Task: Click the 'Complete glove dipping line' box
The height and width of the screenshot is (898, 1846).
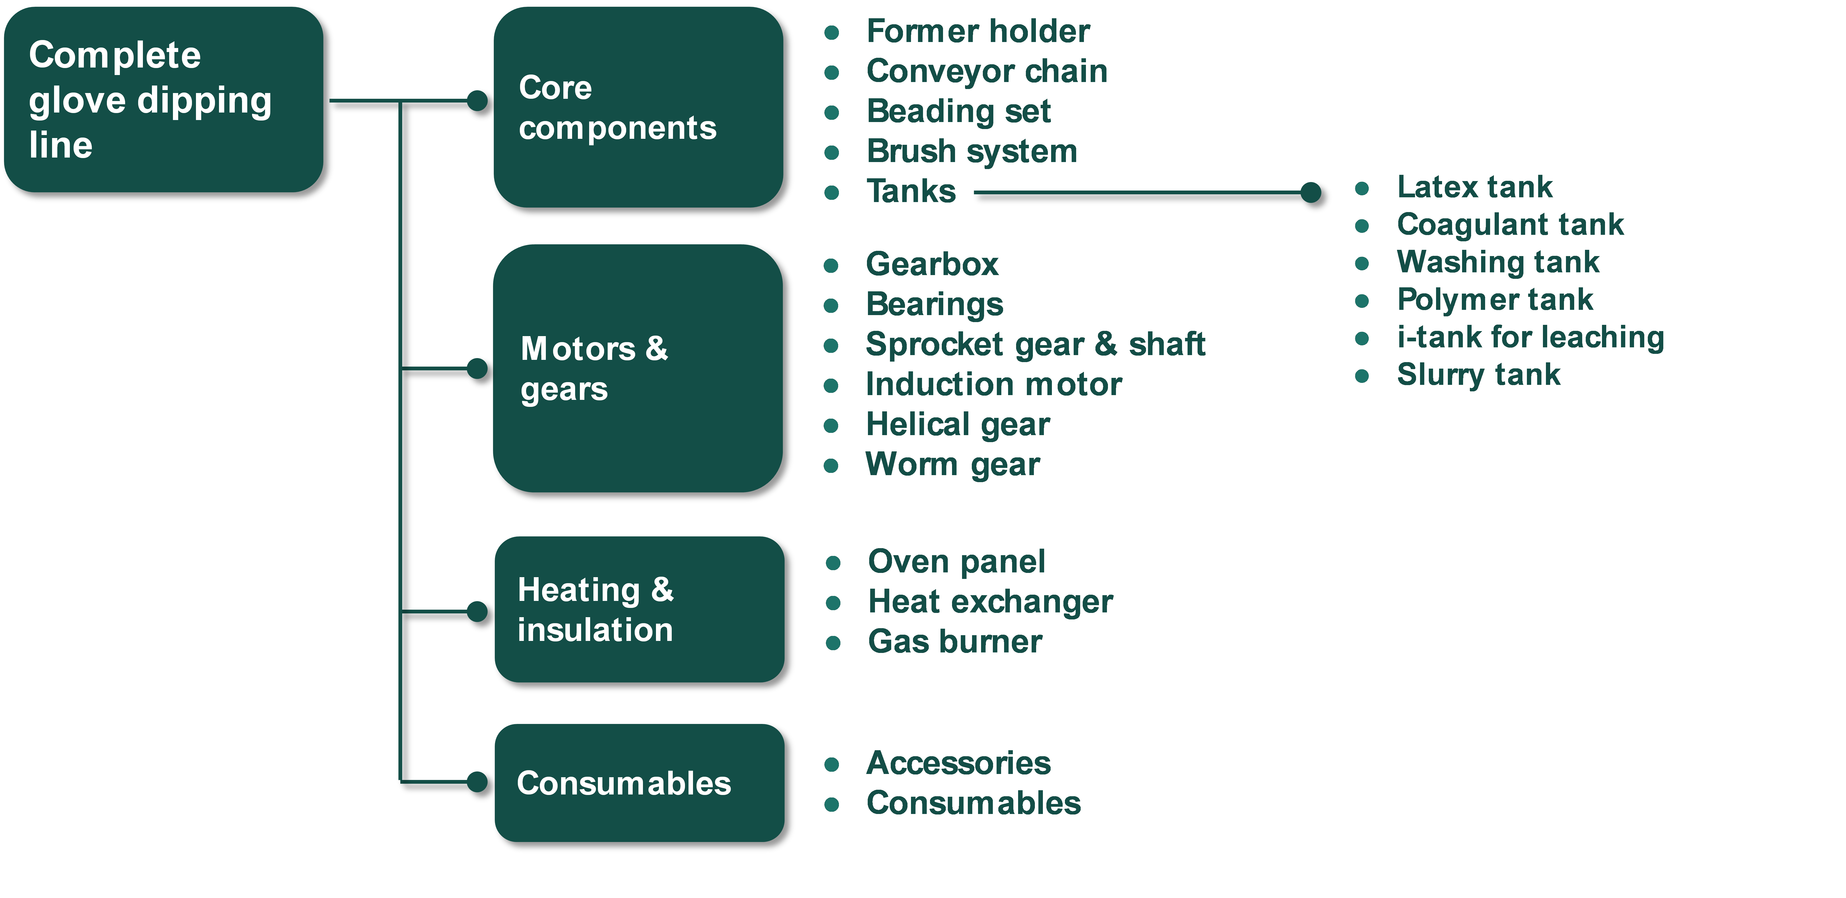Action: [x=163, y=100]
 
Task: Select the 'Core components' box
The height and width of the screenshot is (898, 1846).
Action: [x=638, y=108]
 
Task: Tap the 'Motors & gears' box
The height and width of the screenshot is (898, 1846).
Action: [x=638, y=368]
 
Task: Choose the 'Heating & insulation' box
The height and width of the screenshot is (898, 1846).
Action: [x=639, y=609]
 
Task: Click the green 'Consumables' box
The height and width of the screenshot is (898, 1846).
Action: [x=639, y=783]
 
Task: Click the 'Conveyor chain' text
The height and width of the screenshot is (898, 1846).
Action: [x=987, y=72]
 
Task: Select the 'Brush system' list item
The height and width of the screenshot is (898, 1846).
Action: [x=972, y=152]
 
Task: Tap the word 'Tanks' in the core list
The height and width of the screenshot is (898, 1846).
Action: [x=911, y=192]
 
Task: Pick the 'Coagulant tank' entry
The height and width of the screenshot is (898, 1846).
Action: [x=1510, y=225]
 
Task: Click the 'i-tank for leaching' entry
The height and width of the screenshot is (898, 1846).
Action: [x=1530, y=337]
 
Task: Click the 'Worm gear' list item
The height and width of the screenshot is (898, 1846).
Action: [x=952, y=465]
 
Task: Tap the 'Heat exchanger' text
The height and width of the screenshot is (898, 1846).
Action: [x=990, y=602]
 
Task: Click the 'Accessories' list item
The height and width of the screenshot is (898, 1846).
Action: [x=958, y=763]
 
